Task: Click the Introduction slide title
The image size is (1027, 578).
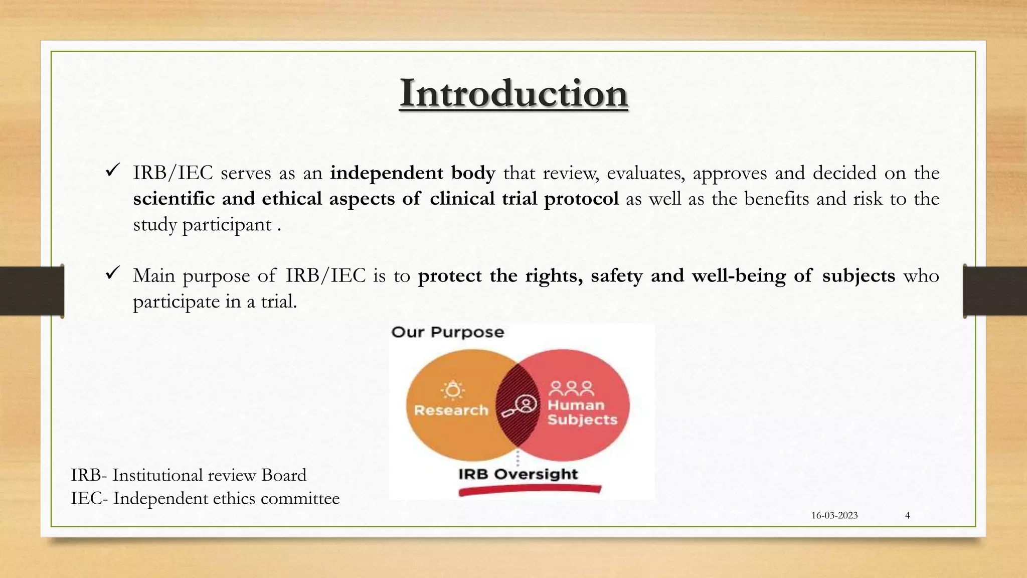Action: tap(513, 93)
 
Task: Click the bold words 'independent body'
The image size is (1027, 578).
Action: tap(412, 173)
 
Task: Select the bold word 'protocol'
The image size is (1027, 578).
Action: tap(581, 199)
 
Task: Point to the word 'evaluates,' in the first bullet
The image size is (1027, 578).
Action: tap(645, 173)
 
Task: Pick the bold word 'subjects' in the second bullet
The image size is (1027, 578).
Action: tap(859, 276)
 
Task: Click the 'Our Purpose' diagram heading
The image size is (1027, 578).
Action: tap(447, 332)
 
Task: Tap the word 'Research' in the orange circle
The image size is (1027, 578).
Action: tap(451, 410)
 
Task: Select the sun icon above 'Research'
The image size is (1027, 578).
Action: tap(453, 390)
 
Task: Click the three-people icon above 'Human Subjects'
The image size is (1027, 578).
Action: tap(571, 388)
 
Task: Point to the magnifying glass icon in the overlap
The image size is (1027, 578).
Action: tap(520, 406)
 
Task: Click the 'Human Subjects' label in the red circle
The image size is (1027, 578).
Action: tap(582, 412)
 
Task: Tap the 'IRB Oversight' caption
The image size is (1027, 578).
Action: tap(518, 474)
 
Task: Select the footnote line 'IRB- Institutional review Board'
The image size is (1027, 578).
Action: tap(189, 475)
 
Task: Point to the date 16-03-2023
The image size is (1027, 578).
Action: tap(834, 515)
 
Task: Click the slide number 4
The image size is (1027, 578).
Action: tap(907, 515)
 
